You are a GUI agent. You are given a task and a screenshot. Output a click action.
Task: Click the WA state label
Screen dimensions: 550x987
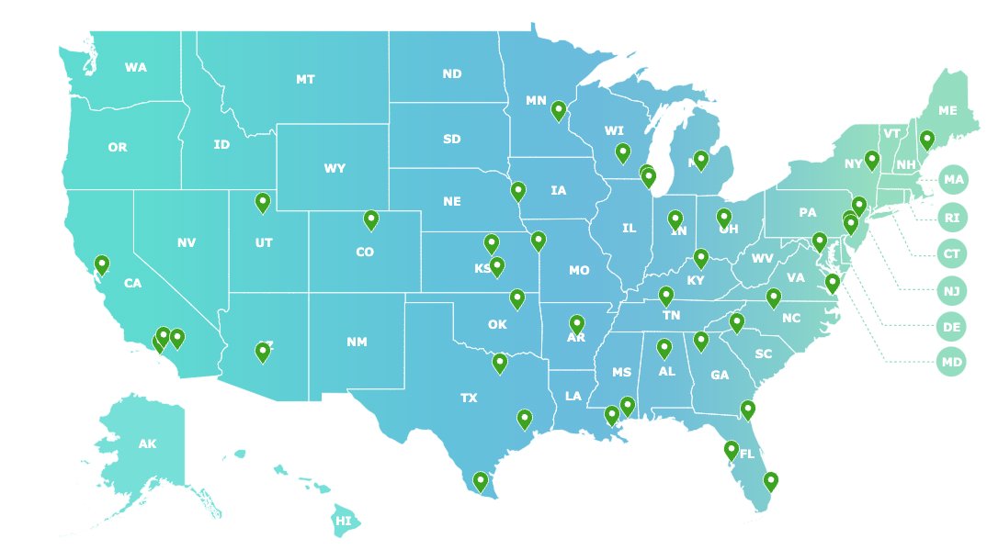pos(136,67)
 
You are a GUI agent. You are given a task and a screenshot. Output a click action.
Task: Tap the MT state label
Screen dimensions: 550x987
pos(305,80)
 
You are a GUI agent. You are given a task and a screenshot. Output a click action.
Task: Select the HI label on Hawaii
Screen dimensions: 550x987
pos(343,521)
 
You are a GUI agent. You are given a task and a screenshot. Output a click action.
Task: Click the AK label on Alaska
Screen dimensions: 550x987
pos(147,444)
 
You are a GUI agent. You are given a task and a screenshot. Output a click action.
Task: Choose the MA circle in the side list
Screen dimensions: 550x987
pos(953,180)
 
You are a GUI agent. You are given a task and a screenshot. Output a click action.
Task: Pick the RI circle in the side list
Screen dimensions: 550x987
pos(952,218)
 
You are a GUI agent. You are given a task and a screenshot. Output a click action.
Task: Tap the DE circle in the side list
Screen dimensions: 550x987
pos(952,326)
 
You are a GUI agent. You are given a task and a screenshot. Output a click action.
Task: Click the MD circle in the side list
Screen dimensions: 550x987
pos(952,363)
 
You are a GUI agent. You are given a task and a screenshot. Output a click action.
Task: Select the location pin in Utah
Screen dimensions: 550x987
pos(263,202)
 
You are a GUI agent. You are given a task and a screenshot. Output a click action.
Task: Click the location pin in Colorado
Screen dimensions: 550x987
pos(371,219)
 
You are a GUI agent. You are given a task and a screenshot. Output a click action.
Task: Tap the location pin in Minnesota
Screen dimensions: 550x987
pos(559,110)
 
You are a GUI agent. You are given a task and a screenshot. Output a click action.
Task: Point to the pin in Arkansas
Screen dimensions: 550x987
pos(577,324)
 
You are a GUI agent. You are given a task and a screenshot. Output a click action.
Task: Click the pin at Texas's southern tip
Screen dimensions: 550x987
pos(480,481)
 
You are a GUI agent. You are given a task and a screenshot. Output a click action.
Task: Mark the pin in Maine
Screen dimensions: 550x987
pos(927,140)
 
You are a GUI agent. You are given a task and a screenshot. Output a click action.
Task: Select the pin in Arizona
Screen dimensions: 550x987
pos(263,352)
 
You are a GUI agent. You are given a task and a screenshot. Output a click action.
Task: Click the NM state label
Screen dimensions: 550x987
pos(357,342)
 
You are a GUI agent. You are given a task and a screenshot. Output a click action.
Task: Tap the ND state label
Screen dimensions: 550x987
pos(451,73)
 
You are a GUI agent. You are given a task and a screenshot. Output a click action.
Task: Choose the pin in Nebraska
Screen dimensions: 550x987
pos(518,191)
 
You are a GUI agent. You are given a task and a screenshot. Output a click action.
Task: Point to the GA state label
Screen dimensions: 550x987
pos(720,375)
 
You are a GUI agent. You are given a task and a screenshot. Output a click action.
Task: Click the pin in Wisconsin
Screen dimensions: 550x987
pos(623,152)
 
